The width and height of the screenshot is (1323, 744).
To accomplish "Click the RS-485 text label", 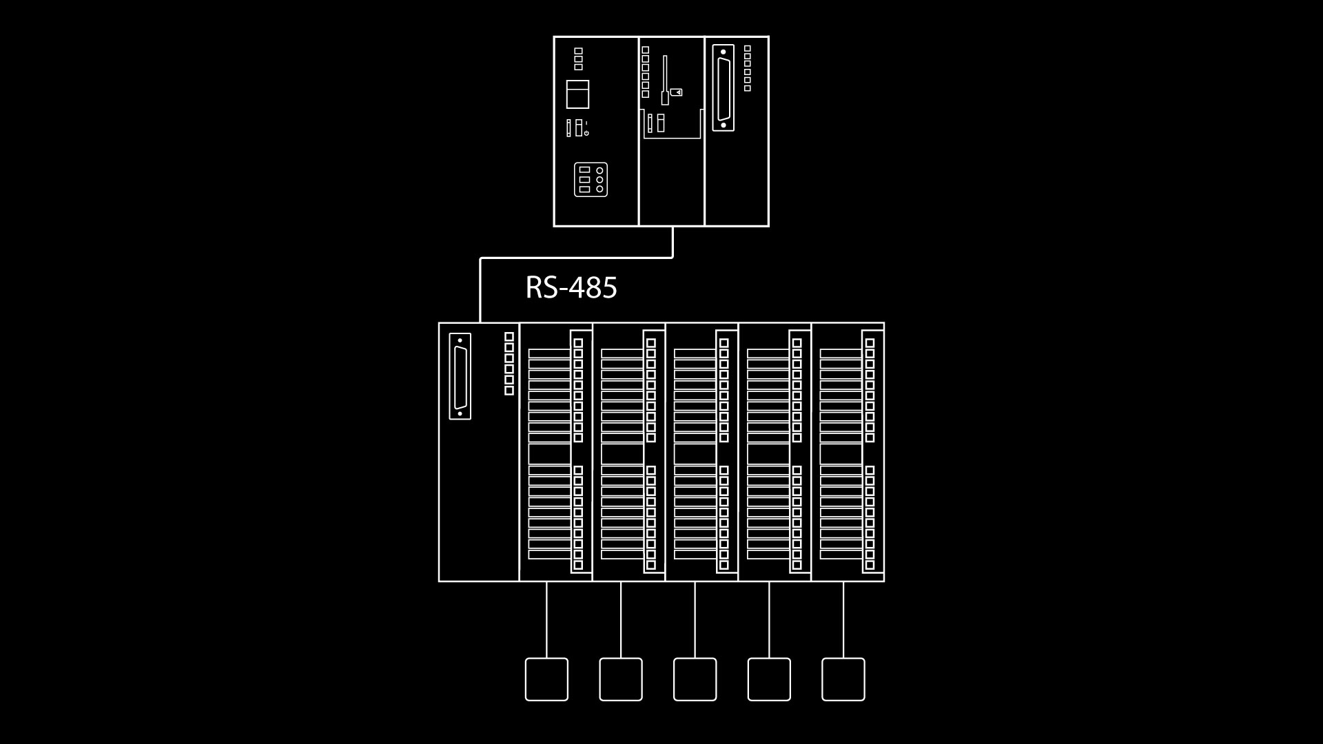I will point(571,287).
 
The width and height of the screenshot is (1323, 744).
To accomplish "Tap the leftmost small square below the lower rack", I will point(546,679).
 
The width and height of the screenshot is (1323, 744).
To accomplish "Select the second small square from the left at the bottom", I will point(621,679).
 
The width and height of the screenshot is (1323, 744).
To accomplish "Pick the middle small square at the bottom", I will point(695,679).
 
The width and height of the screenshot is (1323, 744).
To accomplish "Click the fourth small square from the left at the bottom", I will point(769,679).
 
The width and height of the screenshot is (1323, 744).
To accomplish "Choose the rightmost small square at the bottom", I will point(843,679).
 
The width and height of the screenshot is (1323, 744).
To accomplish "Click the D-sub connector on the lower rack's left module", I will point(460,376).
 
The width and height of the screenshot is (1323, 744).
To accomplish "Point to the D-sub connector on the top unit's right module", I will point(723,87).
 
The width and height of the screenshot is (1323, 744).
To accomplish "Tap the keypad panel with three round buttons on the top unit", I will point(591,179).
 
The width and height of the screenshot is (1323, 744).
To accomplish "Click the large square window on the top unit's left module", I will point(577,94).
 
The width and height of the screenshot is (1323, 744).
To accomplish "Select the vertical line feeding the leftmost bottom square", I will point(546,620).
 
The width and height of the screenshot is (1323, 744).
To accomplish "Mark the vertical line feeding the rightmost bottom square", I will point(843,620).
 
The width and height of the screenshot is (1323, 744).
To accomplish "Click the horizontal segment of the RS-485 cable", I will point(576,258).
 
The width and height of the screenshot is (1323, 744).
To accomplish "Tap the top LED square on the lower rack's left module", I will point(509,337).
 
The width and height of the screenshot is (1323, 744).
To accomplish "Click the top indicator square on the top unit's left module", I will point(579,51).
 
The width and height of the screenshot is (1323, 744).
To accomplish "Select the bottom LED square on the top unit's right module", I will point(748,88).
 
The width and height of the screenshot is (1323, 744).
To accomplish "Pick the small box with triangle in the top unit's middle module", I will point(676,92).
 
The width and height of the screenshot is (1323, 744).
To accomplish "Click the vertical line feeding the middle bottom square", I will point(695,620).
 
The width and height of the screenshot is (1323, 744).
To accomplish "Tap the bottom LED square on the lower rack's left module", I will point(509,391).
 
